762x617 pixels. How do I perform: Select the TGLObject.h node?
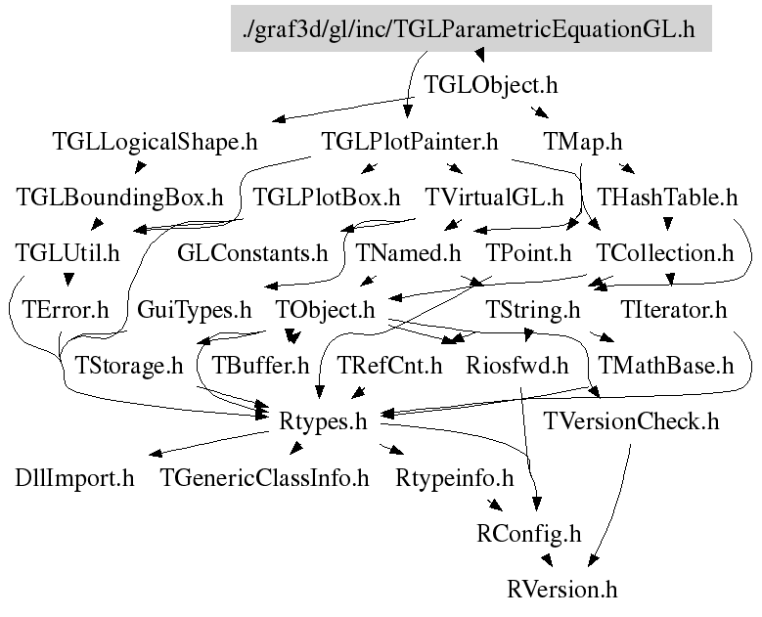(492, 85)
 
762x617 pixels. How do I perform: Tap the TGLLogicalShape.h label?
(155, 142)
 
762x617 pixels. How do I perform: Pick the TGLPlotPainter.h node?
(410, 142)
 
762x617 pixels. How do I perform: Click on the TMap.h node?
(582, 142)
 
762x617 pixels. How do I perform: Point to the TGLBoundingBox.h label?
(120, 198)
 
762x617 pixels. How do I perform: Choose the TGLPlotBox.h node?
(327, 198)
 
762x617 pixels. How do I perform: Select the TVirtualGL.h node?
(493, 198)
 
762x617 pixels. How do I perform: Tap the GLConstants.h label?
(252, 254)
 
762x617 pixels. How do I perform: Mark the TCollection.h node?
(665, 254)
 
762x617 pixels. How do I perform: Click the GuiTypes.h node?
(195, 311)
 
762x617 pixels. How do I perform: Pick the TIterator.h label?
(674, 311)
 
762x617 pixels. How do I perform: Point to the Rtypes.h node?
(323, 422)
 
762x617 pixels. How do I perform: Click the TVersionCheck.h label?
(632, 422)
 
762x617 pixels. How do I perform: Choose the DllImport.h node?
(74, 479)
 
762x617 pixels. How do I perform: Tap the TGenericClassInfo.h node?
(265, 479)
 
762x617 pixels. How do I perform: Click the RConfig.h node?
(528, 535)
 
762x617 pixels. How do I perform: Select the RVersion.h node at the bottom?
(562, 591)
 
